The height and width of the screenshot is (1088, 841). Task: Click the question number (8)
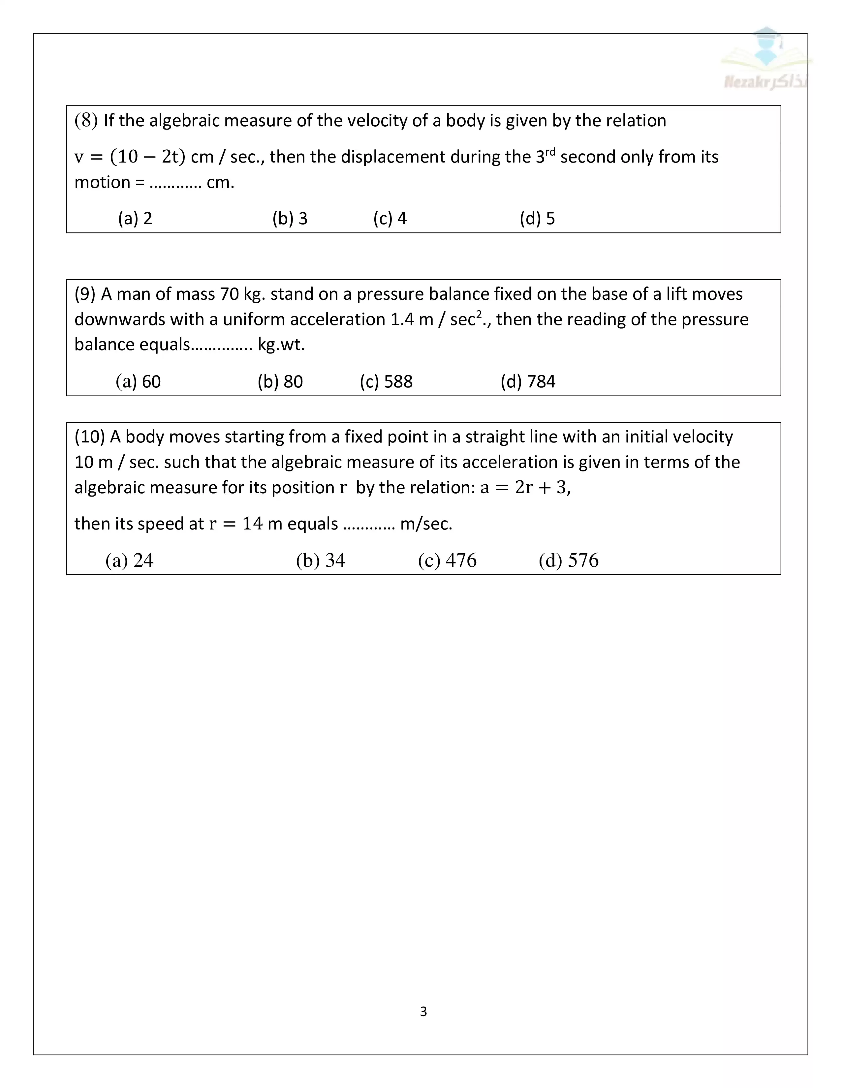(86, 121)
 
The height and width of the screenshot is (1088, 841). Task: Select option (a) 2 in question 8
(135, 218)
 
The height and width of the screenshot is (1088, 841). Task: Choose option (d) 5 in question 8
(537, 218)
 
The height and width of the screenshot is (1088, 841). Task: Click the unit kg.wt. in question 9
(281, 345)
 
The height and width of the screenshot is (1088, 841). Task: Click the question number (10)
(90, 437)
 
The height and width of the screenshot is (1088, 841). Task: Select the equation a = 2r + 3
(524, 487)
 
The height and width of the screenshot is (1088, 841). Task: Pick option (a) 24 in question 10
(129, 560)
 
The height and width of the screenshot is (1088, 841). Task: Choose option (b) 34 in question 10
(320, 560)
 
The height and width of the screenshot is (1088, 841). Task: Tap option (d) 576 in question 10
(569, 560)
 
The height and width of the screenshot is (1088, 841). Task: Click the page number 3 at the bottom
(423, 1011)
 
